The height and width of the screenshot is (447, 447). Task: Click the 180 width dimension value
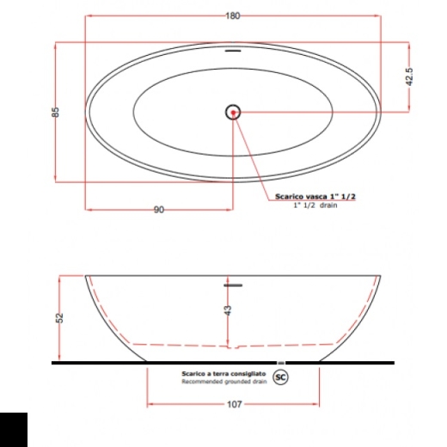tap(233, 15)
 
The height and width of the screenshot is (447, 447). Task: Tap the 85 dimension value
tap(56, 112)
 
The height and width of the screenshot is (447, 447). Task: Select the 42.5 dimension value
tap(409, 77)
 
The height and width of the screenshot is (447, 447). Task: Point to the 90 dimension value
tap(159, 210)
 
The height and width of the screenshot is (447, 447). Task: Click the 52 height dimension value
tap(59, 318)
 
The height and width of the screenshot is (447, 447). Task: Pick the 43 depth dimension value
tap(228, 310)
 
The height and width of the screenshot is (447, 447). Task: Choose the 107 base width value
tap(235, 404)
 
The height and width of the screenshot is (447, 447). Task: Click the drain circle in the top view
tap(233, 113)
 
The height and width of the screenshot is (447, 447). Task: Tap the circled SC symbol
tap(280, 377)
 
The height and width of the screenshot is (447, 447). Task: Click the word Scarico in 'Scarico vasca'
tap(290, 197)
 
